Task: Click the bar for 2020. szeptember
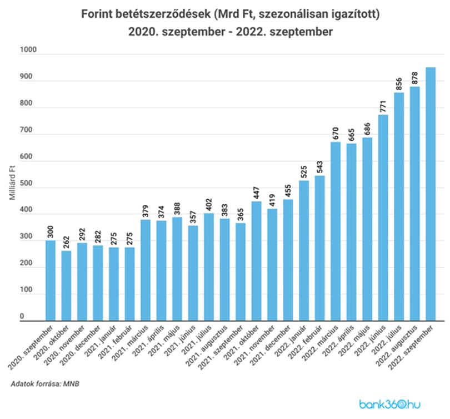tap(51, 280)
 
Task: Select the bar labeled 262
tap(66, 285)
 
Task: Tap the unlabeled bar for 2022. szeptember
tap(431, 194)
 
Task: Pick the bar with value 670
tap(336, 231)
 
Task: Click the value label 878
tap(414, 78)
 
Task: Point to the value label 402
tap(209, 205)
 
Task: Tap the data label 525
tap(304, 172)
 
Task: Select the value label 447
tap(256, 193)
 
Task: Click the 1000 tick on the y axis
tap(28, 50)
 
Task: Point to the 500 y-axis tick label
tap(26, 184)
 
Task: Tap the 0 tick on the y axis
tap(22, 317)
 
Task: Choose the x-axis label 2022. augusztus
tap(396, 346)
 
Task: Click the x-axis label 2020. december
tap(81, 346)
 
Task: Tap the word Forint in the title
tap(97, 14)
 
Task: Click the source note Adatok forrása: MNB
tap(45, 383)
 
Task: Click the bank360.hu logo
tap(390, 405)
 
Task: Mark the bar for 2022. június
tap(383, 218)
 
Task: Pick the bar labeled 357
tap(193, 273)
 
